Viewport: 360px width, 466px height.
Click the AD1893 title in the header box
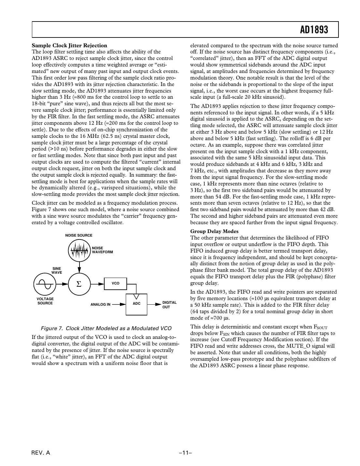314,30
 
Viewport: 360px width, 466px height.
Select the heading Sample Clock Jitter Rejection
69,45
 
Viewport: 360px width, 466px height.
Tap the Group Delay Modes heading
214,231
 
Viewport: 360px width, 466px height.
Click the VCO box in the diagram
115,284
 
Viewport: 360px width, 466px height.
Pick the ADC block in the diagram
137,304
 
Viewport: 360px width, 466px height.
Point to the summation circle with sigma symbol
79,284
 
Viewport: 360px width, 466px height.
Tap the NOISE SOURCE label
79,235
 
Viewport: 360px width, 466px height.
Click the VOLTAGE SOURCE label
45,301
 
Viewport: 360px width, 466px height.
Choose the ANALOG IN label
100,305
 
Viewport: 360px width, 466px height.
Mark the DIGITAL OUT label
169,305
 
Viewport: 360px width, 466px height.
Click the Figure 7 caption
106,328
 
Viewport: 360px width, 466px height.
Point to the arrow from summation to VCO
97,284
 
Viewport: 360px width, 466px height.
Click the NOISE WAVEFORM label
102,250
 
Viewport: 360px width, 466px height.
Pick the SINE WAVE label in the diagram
57,270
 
